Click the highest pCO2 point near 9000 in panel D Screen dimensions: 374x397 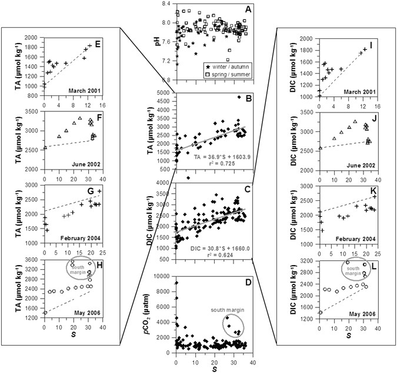click(x=176, y=283)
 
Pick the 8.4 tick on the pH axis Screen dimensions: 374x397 click(x=166, y=4)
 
